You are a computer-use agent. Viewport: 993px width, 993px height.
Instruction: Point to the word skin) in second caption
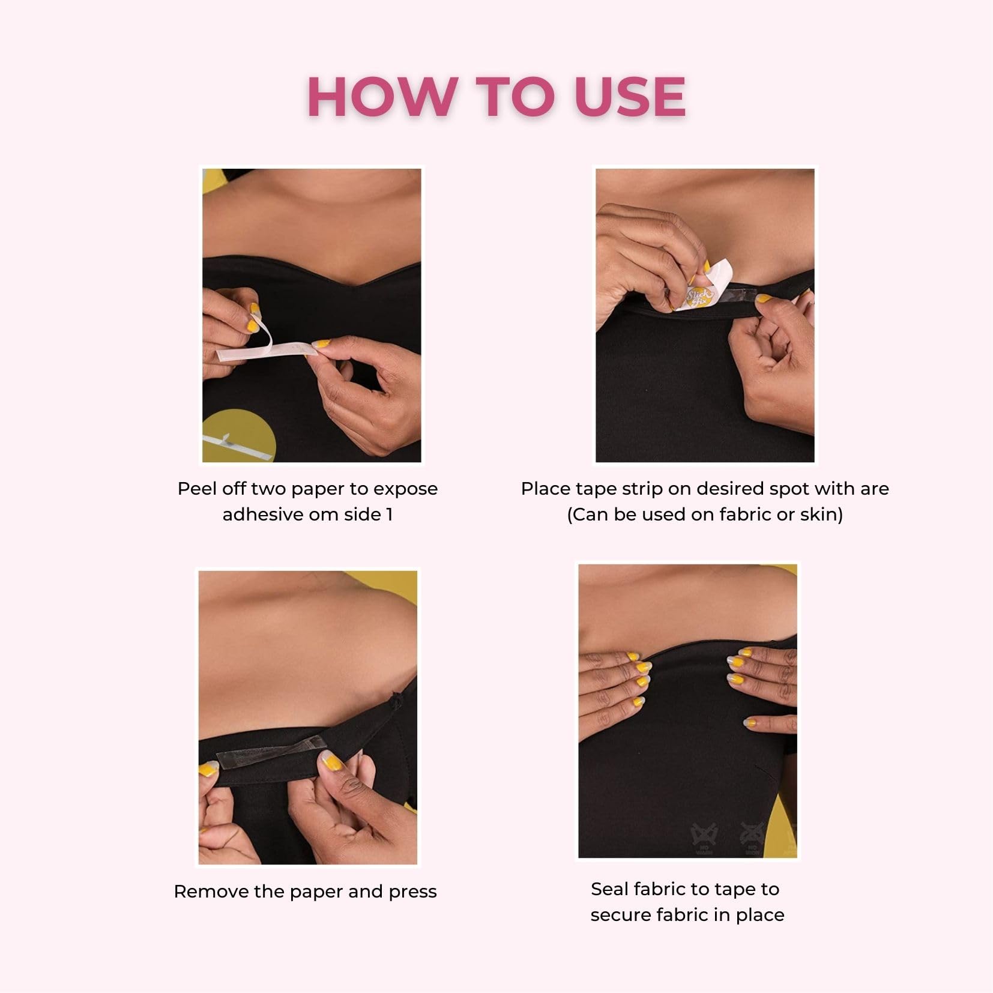[822, 515]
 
